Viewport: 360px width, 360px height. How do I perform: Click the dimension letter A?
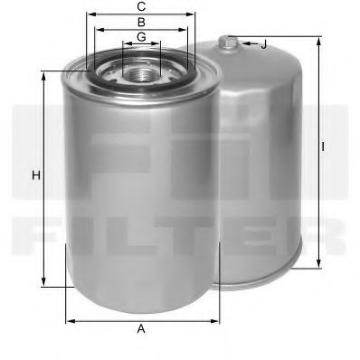click(141, 329)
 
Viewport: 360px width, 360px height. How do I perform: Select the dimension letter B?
click(141, 21)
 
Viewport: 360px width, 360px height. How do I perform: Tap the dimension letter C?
click(141, 6)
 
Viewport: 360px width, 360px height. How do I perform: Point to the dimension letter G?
click(141, 36)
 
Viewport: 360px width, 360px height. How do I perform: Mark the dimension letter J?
click(263, 43)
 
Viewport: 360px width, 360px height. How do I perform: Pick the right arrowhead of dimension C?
click(193, 14)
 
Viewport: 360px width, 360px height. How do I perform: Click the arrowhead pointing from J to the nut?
click(236, 43)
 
